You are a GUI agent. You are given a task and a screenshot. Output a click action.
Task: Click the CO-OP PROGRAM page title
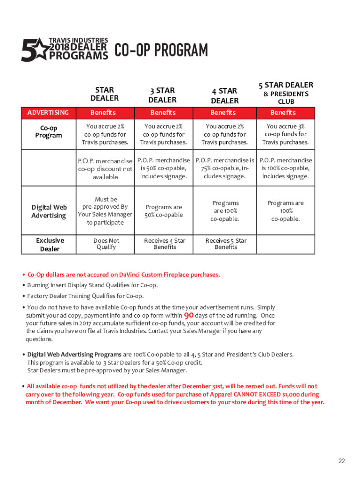[x=161, y=51]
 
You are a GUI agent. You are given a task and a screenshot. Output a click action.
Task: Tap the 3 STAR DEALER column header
[x=162, y=95]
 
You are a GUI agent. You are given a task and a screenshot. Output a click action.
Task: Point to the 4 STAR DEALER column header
[x=224, y=95]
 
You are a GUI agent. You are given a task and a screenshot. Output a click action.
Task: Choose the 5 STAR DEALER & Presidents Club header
[x=286, y=93]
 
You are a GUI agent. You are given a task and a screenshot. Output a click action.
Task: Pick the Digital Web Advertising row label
[x=49, y=211]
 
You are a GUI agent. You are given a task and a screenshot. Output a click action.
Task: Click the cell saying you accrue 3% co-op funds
[x=285, y=134]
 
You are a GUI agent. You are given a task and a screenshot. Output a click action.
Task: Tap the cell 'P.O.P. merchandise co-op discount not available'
[x=105, y=169]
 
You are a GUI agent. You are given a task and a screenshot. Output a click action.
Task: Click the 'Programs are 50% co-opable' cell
[x=164, y=211]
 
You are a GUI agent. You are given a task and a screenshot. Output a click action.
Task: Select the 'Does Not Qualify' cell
[x=106, y=244]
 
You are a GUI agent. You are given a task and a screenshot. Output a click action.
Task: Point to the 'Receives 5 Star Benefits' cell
[x=226, y=244]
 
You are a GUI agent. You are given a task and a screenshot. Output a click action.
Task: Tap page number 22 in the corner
[x=342, y=461]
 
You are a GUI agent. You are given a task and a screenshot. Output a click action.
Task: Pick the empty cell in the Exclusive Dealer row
[x=286, y=244]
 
